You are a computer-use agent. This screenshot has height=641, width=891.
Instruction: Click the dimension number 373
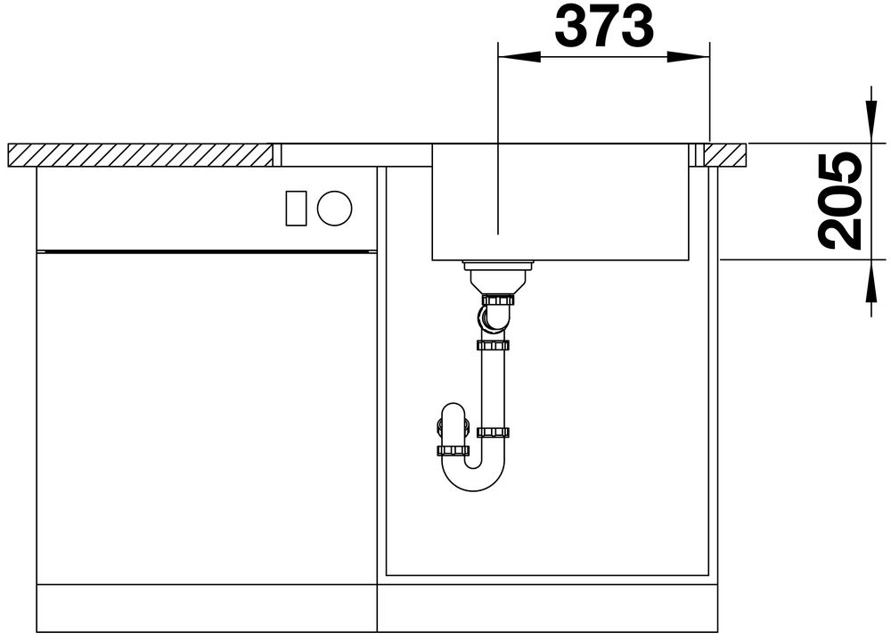tap(604, 26)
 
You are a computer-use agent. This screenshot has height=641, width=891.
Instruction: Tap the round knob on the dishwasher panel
tap(335, 208)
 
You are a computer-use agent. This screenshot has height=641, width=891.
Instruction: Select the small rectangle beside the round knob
tap(296, 208)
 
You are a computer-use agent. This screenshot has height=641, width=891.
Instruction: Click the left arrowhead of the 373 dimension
tap(519, 57)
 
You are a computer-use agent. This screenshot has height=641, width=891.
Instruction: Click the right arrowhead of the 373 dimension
tap(689, 57)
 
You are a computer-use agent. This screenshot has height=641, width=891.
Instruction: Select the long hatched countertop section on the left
tap(141, 155)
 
